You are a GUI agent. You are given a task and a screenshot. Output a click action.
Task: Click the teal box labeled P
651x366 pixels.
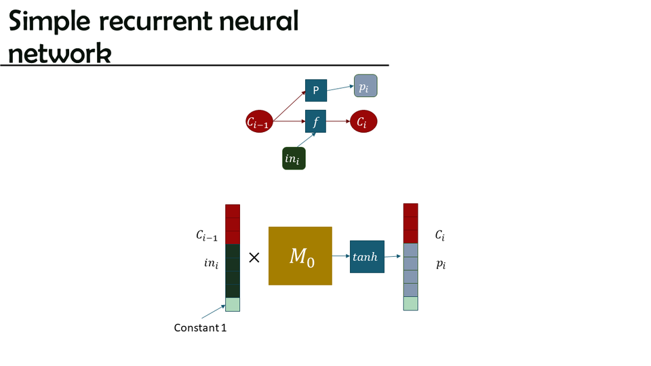pyautogui.click(x=316, y=91)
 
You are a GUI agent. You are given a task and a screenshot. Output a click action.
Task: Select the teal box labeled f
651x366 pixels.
pyautogui.click(x=316, y=122)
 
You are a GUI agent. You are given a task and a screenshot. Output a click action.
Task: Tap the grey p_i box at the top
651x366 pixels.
pyautogui.click(x=366, y=86)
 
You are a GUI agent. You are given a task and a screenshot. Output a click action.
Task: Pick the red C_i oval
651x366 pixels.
pyautogui.click(x=363, y=123)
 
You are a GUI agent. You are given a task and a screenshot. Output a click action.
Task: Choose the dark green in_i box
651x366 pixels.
pyautogui.click(x=294, y=158)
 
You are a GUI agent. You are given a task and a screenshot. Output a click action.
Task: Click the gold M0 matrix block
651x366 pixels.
pyautogui.click(x=300, y=256)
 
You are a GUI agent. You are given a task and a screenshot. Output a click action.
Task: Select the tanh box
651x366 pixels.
pyautogui.click(x=367, y=256)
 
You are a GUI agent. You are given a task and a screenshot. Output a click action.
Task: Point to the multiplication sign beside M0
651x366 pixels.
pyautogui.click(x=254, y=258)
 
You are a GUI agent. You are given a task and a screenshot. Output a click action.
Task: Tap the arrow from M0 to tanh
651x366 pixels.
pyautogui.click(x=341, y=256)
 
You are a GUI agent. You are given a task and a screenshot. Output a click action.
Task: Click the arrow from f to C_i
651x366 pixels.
pyautogui.click(x=338, y=123)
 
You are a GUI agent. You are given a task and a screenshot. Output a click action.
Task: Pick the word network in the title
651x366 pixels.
pyautogui.click(x=60, y=54)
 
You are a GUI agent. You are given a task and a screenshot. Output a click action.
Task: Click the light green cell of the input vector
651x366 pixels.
pyautogui.click(x=233, y=304)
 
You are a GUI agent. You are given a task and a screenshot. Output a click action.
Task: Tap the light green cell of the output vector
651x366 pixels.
pyautogui.click(x=410, y=304)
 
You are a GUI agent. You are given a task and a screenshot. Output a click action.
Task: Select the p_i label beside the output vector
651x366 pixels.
pyautogui.click(x=441, y=264)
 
